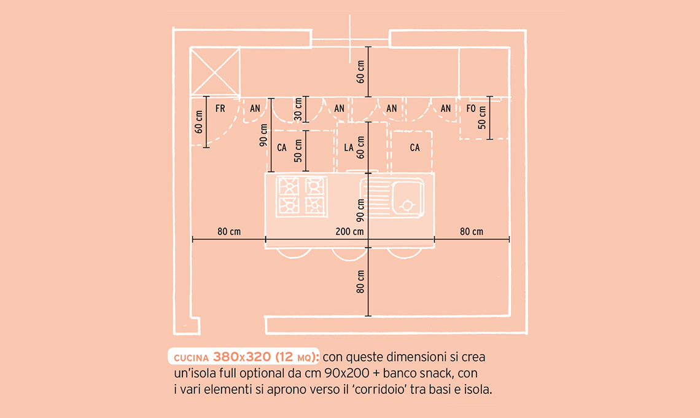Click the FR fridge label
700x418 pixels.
(220, 109)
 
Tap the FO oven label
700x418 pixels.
(471, 109)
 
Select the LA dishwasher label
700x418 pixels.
(349, 148)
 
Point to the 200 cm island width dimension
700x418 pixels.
(349, 232)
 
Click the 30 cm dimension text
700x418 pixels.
(298, 109)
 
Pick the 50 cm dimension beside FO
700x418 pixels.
(482, 117)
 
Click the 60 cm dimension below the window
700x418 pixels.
(360, 71)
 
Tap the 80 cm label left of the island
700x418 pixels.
(229, 232)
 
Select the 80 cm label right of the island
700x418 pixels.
(472, 232)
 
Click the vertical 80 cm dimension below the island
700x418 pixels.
(360, 282)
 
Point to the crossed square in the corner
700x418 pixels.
(215, 71)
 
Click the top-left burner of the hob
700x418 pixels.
(289, 186)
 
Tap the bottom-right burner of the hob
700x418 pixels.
(314, 206)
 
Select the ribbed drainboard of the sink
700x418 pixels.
(376, 197)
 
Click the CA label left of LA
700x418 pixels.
(282, 148)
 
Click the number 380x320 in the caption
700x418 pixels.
(242, 357)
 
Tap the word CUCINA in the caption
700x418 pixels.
(191, 358)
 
